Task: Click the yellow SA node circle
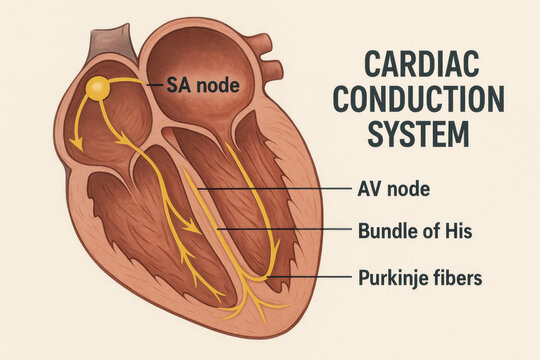[97, 89]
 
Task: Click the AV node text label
[393, 188]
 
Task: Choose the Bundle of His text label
[414, 231]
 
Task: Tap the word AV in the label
[368, 188]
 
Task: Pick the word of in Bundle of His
[429, 231]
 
